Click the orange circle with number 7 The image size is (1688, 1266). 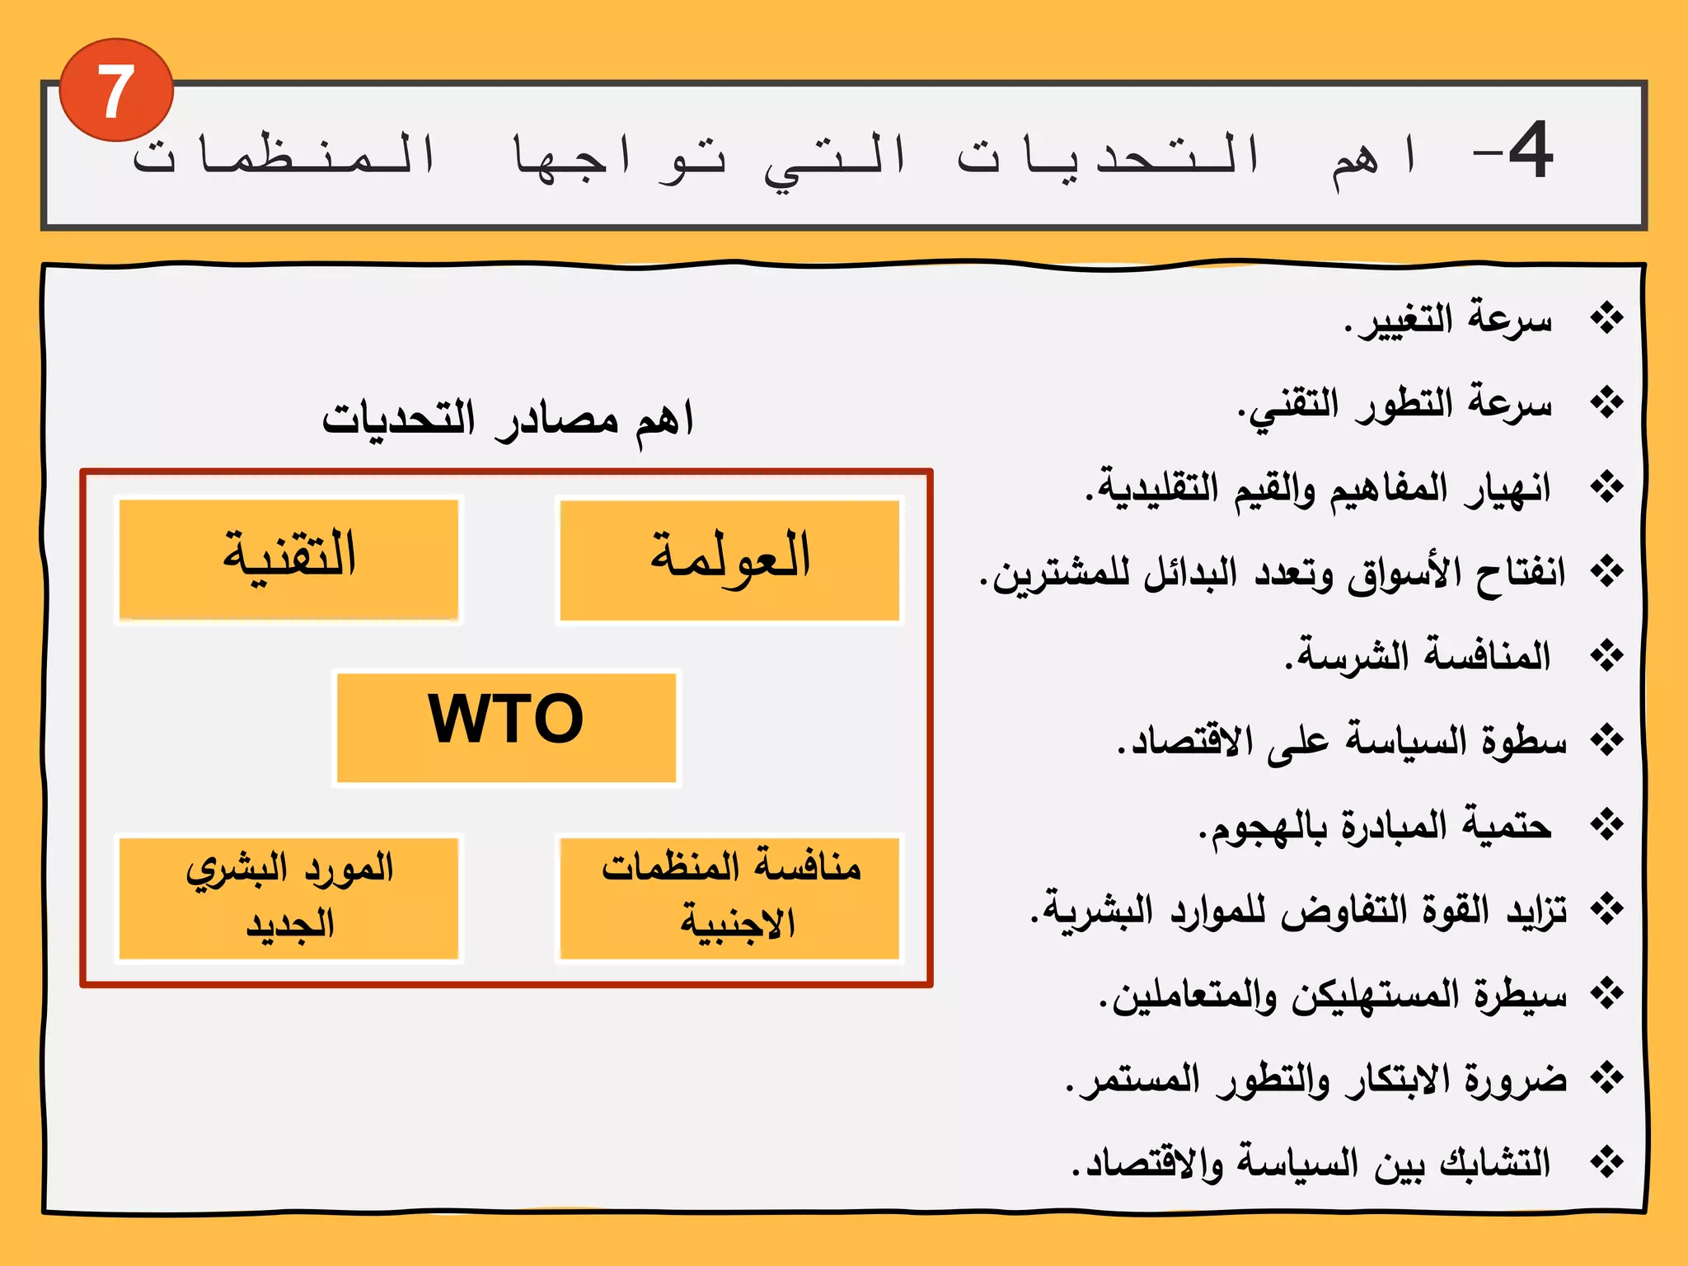[116, 90]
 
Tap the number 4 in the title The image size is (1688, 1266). [1530, 150]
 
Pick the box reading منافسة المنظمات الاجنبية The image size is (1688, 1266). [729, 898]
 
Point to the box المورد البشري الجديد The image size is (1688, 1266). [288, 898]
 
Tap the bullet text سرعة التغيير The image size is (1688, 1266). [1447, 320]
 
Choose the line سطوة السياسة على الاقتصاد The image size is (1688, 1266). [1341, 741]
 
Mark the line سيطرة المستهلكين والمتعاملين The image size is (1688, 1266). [1333, 996]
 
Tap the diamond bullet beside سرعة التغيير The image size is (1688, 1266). [1606, 318]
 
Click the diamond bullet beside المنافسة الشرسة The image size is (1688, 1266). [1606, 656]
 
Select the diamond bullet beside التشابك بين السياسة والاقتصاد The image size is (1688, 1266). [1606, 1163]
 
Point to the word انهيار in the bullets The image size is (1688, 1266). [1507, 489]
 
